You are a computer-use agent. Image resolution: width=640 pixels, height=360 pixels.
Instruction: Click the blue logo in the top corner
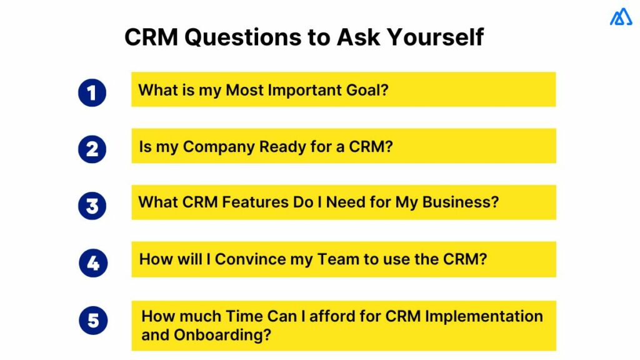tap(621, 17)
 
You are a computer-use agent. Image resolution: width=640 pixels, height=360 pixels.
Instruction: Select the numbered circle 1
tap(92, 92)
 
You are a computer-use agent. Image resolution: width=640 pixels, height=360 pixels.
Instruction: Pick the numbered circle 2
tap(92, 149)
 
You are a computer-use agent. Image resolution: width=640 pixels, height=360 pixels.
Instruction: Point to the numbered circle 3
tap(92, 206)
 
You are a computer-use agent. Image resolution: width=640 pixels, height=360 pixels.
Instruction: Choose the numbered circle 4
tap(92, 263)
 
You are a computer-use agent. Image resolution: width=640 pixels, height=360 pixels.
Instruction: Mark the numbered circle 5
tap(92, 321)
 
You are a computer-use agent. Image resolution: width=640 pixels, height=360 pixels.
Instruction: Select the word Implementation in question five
tap(484, 316)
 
